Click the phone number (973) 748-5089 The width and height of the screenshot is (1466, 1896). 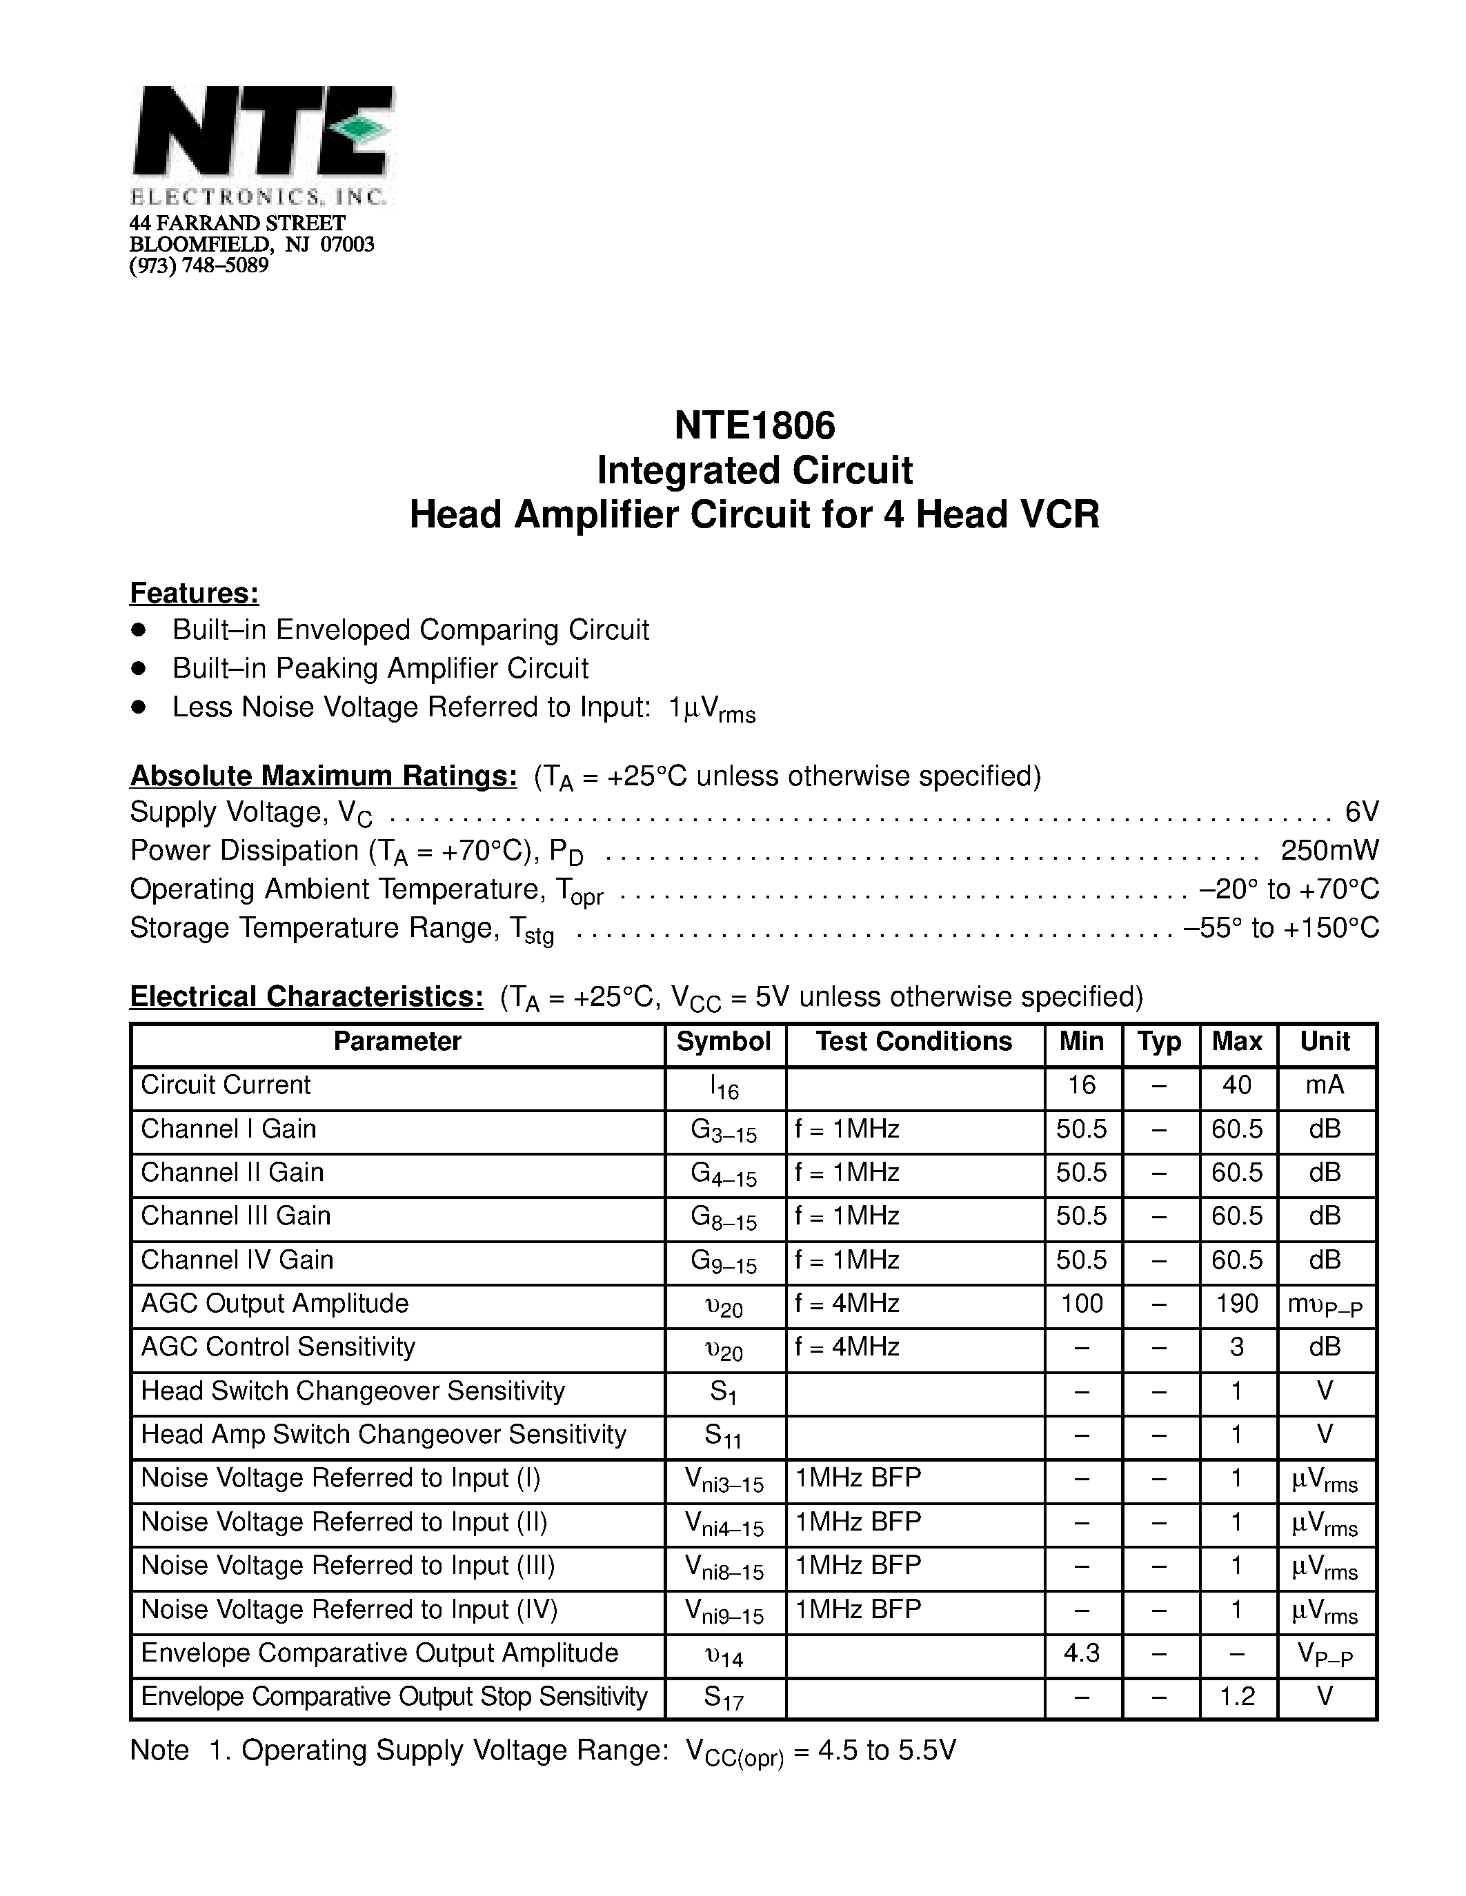(x=199, y=265)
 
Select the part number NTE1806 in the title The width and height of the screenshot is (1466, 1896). (x=754, y=425)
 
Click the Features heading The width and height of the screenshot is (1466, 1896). (x=194, y=593)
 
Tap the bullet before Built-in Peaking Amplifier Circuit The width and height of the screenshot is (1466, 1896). (x=137, y=669)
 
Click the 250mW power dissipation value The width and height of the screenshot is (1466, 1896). (x=1329, y=850)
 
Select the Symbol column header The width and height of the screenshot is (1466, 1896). (x=724, y=1042)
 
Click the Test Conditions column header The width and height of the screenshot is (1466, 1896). (x=913, y=1042)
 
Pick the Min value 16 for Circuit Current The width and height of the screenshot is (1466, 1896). (x=1081, y=1085)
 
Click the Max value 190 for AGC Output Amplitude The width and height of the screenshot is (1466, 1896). (x=1237, y=1303)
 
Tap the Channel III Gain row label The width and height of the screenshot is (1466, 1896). (x=235, y=1216)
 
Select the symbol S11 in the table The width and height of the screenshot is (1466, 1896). (x=722, y=1436)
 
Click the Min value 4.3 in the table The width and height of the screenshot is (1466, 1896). (x=1081, y=1653)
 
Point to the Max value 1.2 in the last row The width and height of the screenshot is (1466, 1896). (x=1237, y=1696)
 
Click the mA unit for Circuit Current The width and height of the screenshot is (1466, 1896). (x=1325, y=1085)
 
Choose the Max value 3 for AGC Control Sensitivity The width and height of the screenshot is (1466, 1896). (x=1237, y=1347)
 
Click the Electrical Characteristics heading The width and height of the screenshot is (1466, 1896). (x=306, y=997)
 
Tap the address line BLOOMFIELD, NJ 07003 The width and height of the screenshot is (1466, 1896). (x=252, y=245)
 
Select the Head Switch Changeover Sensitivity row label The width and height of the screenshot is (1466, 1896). (x=353, y=1391)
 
